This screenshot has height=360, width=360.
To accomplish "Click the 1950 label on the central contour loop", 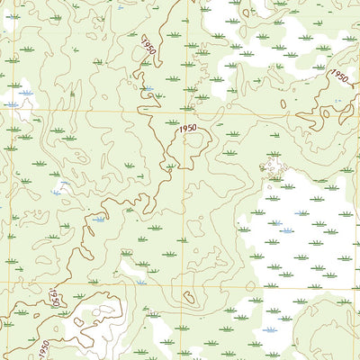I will click(187, 129).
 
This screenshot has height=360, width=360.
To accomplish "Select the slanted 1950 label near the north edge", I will click(148, 45).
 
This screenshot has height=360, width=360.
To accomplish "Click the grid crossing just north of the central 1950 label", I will click(186, 112).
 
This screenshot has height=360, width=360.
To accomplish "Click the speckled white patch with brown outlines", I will click(272, 166).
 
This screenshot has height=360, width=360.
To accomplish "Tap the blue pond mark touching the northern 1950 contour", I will click(144, 88).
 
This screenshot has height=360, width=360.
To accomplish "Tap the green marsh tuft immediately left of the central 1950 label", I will click(170, 121).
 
